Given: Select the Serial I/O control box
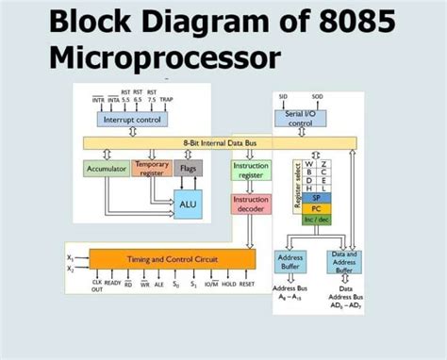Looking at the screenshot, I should point(300,118).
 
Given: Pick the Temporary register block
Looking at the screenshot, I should point(151,169).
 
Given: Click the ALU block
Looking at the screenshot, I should point(187,204).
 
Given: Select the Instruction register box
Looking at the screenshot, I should point(250,171).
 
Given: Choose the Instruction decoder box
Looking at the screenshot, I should point(250,205).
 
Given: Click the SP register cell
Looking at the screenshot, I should point(317,198).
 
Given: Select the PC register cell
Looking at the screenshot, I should point(317,209).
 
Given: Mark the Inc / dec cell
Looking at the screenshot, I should point(317,221).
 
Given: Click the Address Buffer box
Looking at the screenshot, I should point(290,262).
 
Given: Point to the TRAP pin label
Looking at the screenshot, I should point(166,99).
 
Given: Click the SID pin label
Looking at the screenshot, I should point(283,97).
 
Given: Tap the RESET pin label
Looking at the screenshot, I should point(247,283).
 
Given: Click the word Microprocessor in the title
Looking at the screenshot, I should point(164,57).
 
